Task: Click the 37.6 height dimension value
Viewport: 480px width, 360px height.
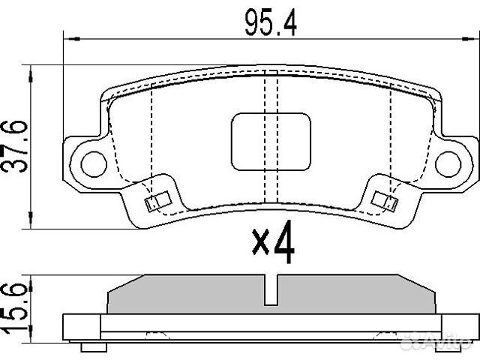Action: (x=17, y=145)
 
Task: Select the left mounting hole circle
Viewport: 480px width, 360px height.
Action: (x=93, y=160)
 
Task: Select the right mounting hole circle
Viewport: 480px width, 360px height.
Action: (x=449, y=160)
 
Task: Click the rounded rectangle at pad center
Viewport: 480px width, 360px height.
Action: (x=271, y=140)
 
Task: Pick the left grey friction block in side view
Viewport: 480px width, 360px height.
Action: (x=187, y=295)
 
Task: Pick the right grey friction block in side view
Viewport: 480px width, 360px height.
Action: (x=356, y=295)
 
